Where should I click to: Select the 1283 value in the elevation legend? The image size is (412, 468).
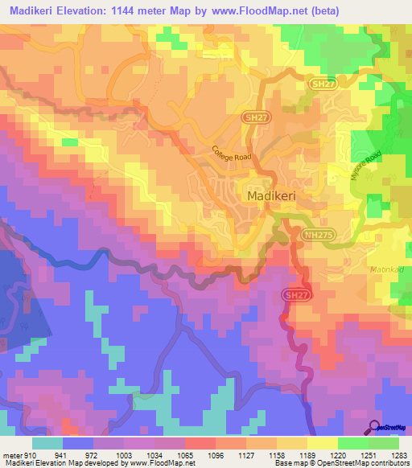399,454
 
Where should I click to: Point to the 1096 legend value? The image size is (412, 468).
215,454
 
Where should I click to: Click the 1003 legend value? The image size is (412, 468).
123,454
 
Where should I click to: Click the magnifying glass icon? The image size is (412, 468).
374,427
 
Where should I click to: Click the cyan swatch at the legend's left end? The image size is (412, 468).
47,442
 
